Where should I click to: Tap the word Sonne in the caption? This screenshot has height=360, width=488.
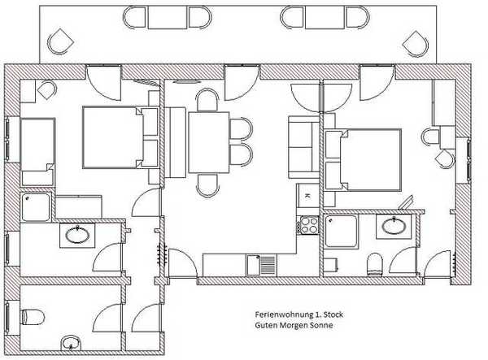[320, 325]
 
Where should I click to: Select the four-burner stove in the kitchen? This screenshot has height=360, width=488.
[307, 225]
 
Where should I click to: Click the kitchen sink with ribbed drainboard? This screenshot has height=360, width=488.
[262, 265]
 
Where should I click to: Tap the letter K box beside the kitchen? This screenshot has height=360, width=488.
[307, 196]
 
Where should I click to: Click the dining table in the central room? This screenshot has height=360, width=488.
[208, 142]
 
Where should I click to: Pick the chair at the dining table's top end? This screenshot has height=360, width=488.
[207, 99]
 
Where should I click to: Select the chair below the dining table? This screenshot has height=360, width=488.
[207, 185]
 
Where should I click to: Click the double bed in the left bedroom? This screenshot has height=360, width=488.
[120, 137]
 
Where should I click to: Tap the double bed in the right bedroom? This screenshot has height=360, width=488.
[363, 160]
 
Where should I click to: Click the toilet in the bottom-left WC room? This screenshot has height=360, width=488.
[33, 317]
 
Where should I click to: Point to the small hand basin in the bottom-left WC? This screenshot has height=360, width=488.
[71, 343]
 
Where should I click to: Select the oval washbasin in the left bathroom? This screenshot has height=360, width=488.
[77, 235]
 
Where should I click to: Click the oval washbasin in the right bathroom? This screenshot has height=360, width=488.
[394, 226]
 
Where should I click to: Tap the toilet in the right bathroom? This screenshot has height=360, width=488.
[374, 265]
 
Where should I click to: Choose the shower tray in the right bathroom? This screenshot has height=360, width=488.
[341, 232]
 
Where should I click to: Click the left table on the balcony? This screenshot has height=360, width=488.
[168, 18]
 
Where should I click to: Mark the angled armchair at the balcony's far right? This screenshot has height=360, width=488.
[416, 44]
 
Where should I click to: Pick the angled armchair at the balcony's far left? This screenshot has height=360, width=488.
[60, 41]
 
